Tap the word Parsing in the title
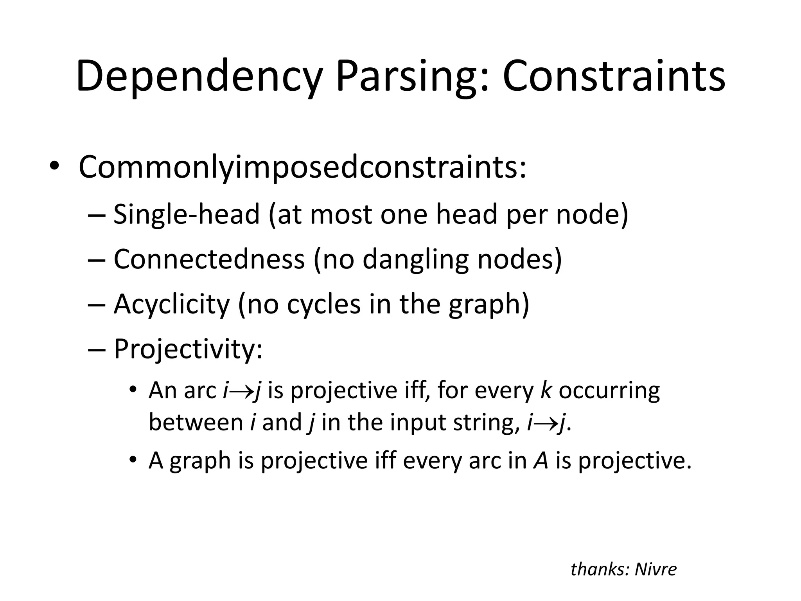tap(412, 76)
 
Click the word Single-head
tap(187, 214)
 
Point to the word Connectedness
tap(209, 259)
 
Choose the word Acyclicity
tap(172, 304)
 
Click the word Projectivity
tap(188, 349)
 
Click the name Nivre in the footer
tap(656, 569)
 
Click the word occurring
tap(609, 391)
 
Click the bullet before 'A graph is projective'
tap(133, 459)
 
